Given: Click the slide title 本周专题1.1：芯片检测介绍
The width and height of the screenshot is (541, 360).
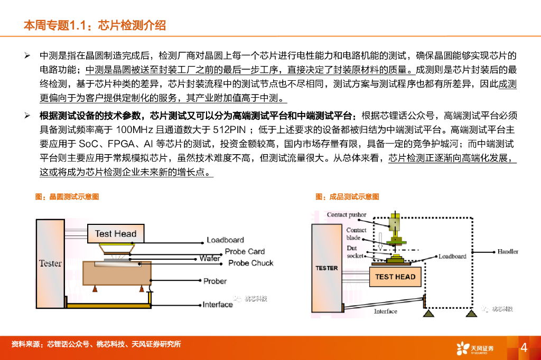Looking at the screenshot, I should [x=95, y=25].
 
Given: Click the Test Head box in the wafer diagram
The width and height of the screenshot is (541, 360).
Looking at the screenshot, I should [x=115, y=234].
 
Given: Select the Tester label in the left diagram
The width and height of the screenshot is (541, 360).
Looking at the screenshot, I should [x=50, y=263].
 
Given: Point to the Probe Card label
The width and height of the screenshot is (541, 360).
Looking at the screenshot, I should [x=245, y=251].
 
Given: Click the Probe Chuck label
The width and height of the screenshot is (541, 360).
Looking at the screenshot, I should [x=250, y=262].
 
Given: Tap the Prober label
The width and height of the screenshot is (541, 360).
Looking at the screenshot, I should [x=215, y=281].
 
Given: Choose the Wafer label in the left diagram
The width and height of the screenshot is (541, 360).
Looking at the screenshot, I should [x=210, y=259].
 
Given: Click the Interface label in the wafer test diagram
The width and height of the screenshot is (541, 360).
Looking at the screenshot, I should [x=218, y=304].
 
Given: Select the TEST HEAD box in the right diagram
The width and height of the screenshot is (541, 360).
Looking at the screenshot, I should [x=395, y=277].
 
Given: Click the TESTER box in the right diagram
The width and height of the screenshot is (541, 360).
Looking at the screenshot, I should [x=327, y=268].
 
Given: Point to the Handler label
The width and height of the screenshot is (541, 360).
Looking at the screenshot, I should [x=508, y=251].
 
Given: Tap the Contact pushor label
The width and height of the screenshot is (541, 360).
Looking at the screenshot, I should [x=346, y=215].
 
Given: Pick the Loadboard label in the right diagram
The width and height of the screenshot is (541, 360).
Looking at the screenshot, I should [x=452, y=256].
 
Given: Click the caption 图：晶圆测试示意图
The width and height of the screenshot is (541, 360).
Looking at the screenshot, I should [x=67, y=197].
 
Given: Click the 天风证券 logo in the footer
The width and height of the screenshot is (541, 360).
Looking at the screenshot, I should [x=475, y=347].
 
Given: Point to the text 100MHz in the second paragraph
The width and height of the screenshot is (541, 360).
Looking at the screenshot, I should [x=134, y=130].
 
